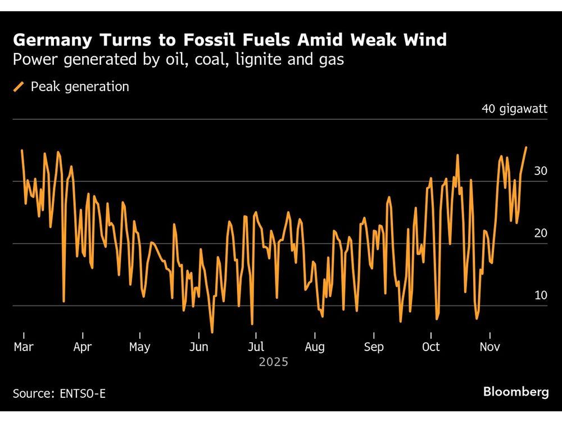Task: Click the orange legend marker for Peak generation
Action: pos(19,87)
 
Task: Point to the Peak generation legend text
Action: pos(80,87)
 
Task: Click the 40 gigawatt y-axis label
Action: pos(514,109)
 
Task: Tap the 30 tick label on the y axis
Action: pos(540,171)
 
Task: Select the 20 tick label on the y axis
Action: pos(540,233)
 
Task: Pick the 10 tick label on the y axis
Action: pos(540,295)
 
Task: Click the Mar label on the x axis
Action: pos(23,347)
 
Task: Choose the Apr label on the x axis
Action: pos(82,347)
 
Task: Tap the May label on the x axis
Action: pos(139,347)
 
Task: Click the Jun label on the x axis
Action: pos(199,347)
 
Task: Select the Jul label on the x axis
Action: pos(256,347)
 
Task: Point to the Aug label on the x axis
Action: pos(315,347)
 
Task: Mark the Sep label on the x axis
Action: pos(374,347)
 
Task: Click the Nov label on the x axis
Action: pos(490,347)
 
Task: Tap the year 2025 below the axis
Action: pos(274,362)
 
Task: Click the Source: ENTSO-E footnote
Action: pos(59,393)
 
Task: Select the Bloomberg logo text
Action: pos(515,392)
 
